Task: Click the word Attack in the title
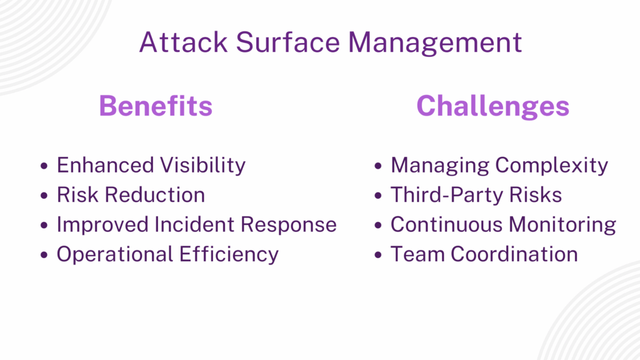182,42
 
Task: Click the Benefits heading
156,106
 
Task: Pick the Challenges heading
492,106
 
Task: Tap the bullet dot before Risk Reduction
44,196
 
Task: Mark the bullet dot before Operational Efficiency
44,255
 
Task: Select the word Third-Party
446,195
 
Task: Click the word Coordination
514,254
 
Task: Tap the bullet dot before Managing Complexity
377,166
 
